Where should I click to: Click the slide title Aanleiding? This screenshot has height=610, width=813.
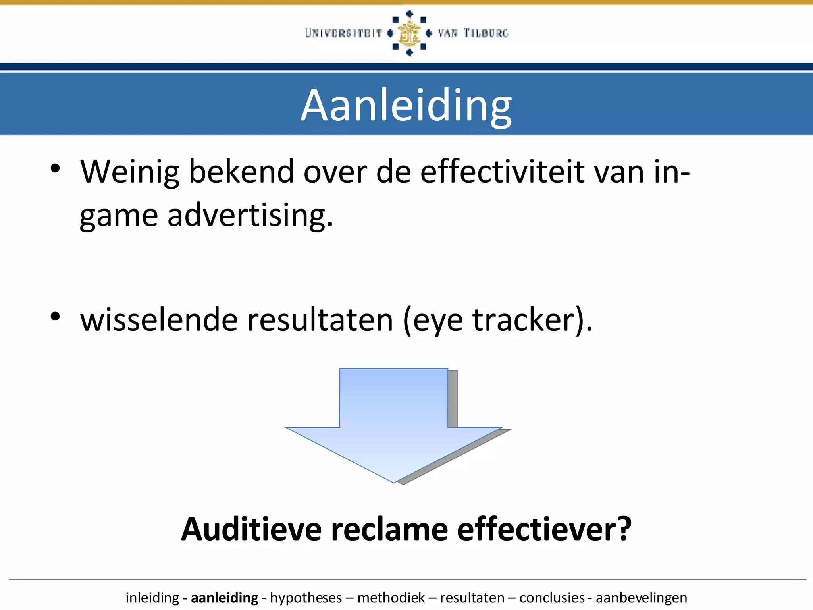[x=406, y=105]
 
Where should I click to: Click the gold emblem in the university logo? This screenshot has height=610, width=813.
[x=409, y=33]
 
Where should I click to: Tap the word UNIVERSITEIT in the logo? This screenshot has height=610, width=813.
[x=343, y=33]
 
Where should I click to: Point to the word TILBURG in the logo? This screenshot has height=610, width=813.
[x=486, y=33]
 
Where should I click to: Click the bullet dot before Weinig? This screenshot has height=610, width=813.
[x=55, y=168]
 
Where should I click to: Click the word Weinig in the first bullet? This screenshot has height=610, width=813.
[x=130, y=172]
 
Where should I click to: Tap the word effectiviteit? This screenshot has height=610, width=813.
[x=502, y=172]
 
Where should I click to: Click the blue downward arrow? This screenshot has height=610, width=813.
[x=394, y=425]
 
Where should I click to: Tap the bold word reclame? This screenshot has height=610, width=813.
[x=389, y=529]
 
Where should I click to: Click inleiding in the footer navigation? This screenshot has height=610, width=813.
[x=152, y=598]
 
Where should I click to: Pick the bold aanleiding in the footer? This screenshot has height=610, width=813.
[x=224, y=598]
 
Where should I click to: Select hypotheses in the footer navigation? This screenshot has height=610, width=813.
[x=306, y=598]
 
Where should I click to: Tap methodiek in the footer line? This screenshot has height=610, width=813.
[x=391, y=598]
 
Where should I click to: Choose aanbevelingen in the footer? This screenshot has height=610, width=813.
[x=641, y=598]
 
